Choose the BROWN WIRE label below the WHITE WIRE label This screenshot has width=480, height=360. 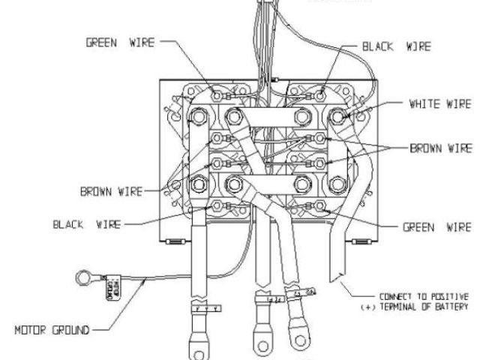pos(439,148)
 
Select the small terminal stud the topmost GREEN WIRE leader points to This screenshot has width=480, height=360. pos(218,96)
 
